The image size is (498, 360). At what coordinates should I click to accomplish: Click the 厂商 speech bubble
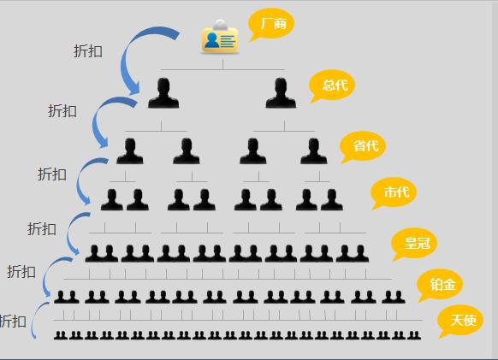coord(271,23)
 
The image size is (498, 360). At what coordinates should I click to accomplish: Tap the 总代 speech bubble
coord(333,85)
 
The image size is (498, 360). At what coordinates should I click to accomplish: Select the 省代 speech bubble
coord(363,146)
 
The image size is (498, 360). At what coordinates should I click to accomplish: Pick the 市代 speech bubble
coord(394,192)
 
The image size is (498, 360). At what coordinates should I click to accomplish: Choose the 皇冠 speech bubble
coord(415,244)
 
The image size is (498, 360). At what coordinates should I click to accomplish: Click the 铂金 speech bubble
coord(440,285)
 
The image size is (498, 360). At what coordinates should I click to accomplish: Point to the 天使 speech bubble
coord(461,321)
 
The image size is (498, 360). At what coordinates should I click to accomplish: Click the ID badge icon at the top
coord(220,37)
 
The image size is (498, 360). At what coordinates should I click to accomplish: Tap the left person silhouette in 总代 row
coord(163,92)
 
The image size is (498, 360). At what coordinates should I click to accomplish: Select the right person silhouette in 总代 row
coord(281,92)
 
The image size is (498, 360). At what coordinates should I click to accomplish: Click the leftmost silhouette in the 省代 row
coord(130,151)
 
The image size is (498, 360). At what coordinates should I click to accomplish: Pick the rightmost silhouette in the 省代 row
coord(314,151)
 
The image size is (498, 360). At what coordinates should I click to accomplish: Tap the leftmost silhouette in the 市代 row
coord(112,200)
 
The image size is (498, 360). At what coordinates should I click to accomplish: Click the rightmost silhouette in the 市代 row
coord(332,200)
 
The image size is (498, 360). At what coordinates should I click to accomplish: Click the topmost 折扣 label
coord(88,51)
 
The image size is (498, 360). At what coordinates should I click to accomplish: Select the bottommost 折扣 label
coord(13,322)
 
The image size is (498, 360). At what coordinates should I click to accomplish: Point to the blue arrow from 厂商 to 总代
coord(125,61)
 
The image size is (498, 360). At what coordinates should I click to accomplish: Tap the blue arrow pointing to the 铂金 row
coord(44,276)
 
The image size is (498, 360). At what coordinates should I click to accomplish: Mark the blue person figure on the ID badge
coord(211,40)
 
